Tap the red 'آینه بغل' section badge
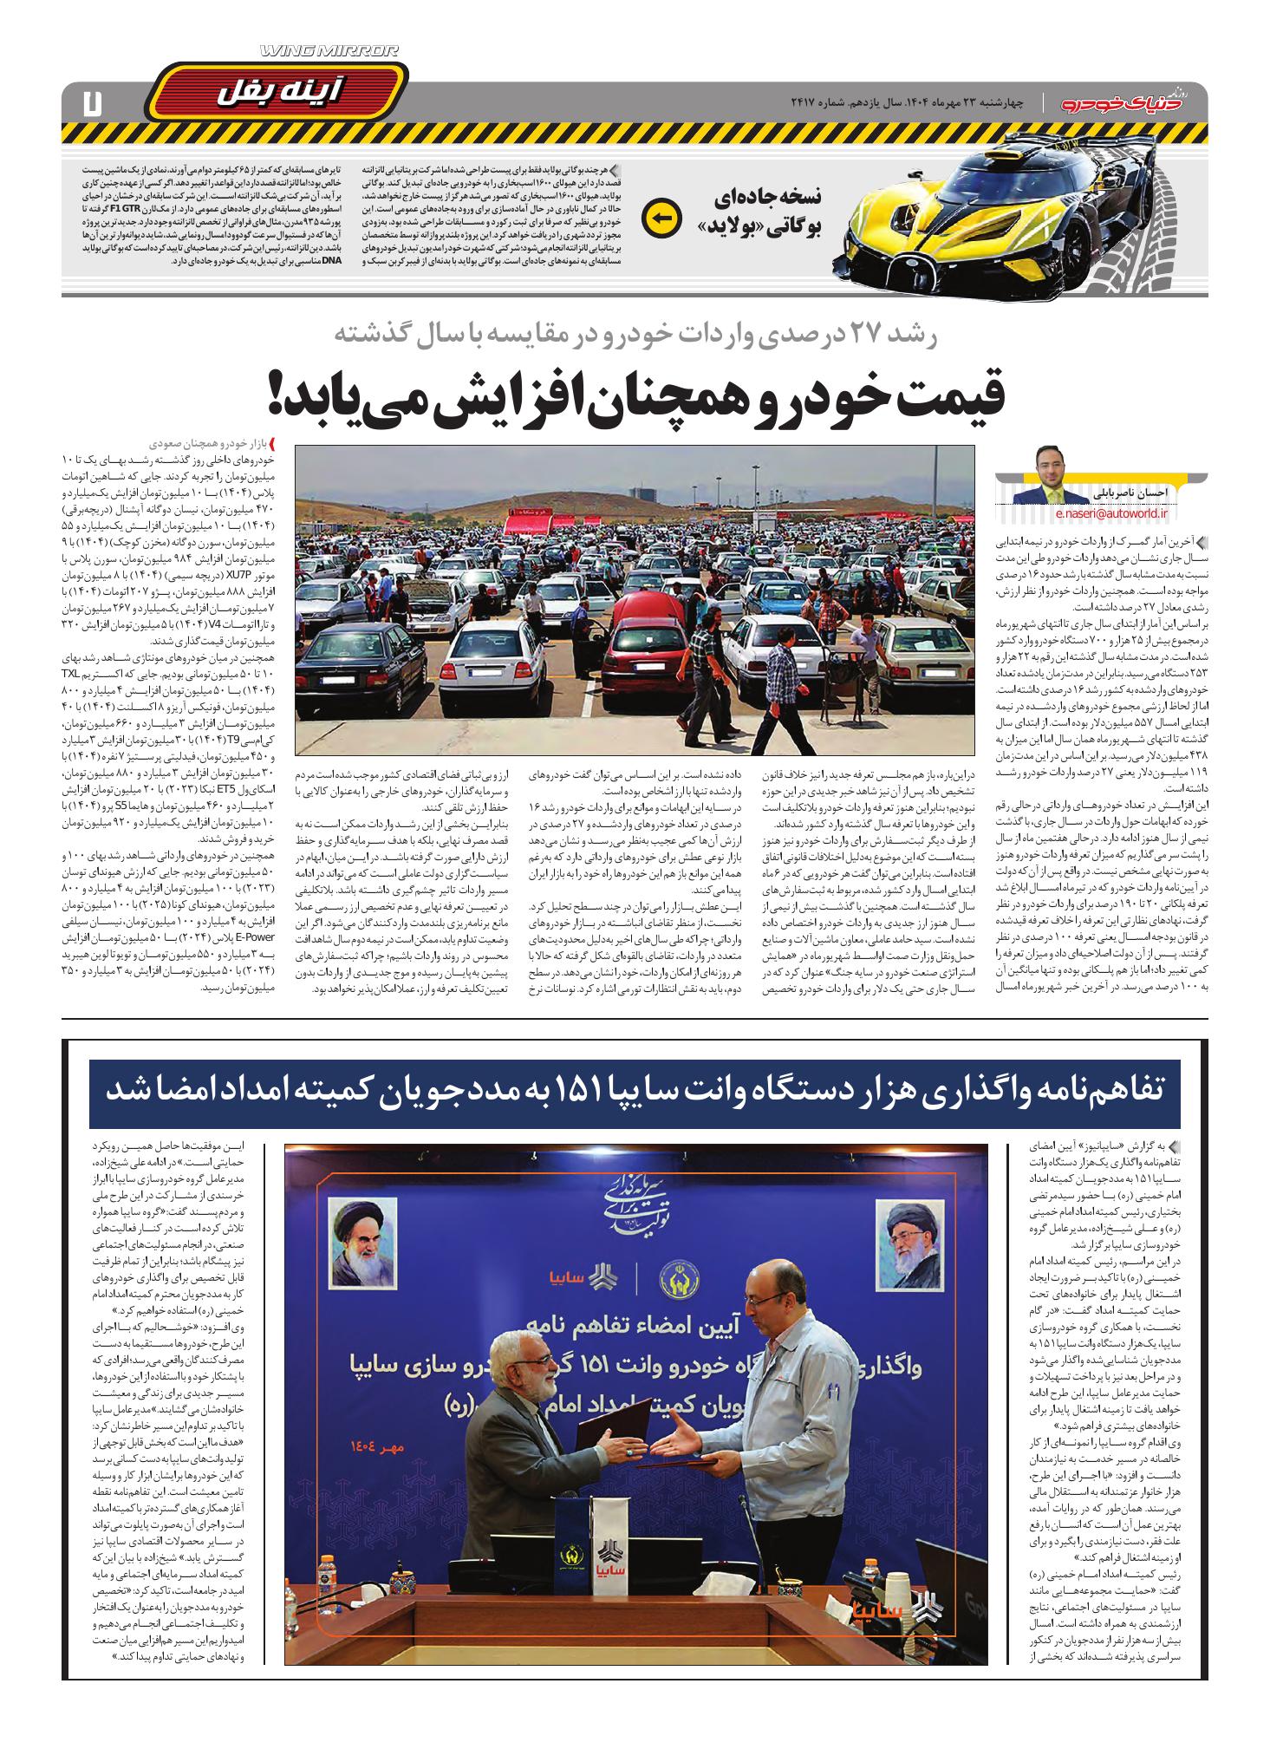pyautogui.click(x=277, y=91)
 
